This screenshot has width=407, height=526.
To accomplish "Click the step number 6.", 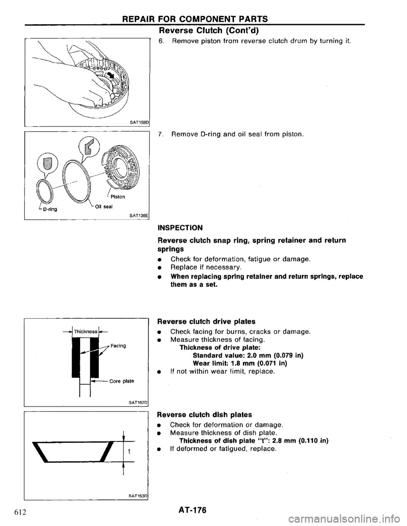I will coord(161,41).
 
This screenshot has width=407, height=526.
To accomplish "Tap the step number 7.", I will coord(161,136).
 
